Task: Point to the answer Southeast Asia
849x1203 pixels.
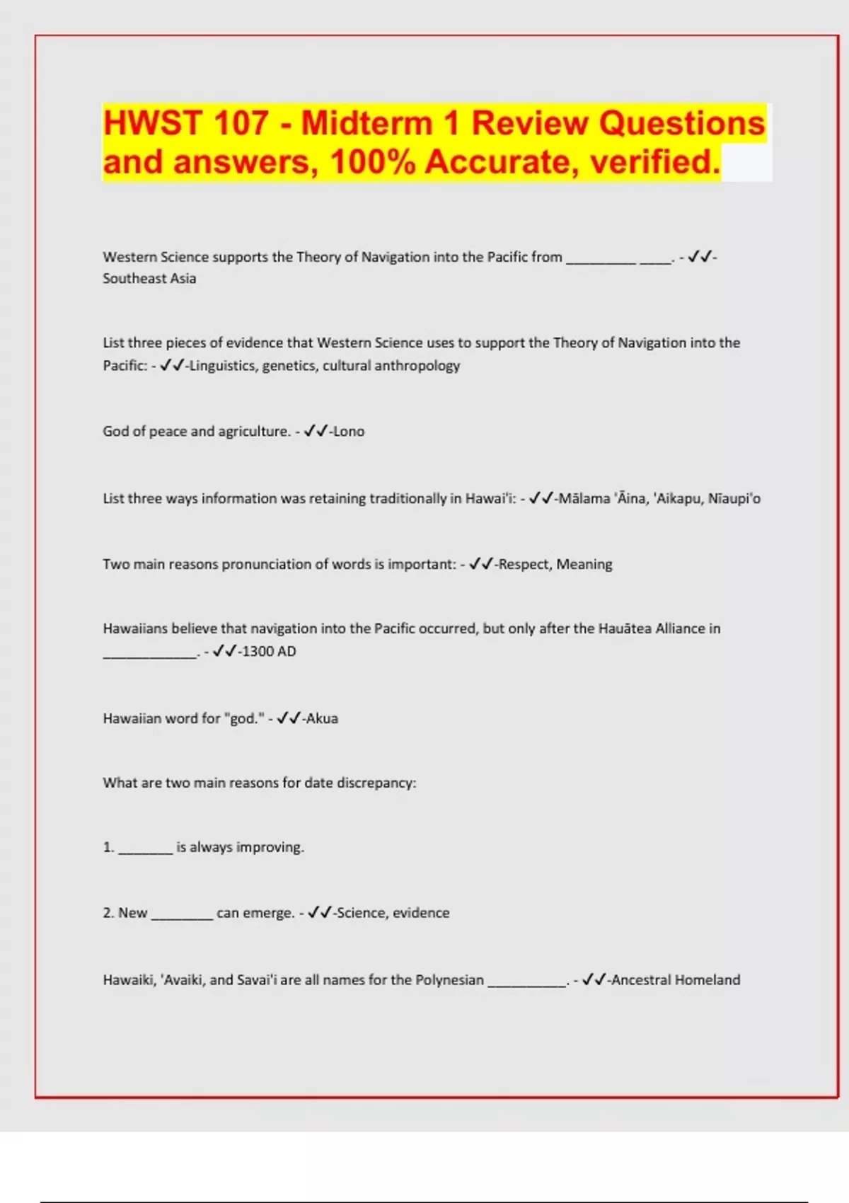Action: [x=149, y=279]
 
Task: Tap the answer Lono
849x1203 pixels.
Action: [x=348, y=432]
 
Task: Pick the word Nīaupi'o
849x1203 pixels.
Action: [x=734, y=499]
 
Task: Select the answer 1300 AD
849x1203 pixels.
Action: [x=269, y=652]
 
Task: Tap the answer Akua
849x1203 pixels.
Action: [x=322, y=719]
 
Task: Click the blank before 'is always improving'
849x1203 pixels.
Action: [x=145, y=849]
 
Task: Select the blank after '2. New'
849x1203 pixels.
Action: [x=182, y=915]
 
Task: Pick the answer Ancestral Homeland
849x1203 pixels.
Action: [x=676, y=980]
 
